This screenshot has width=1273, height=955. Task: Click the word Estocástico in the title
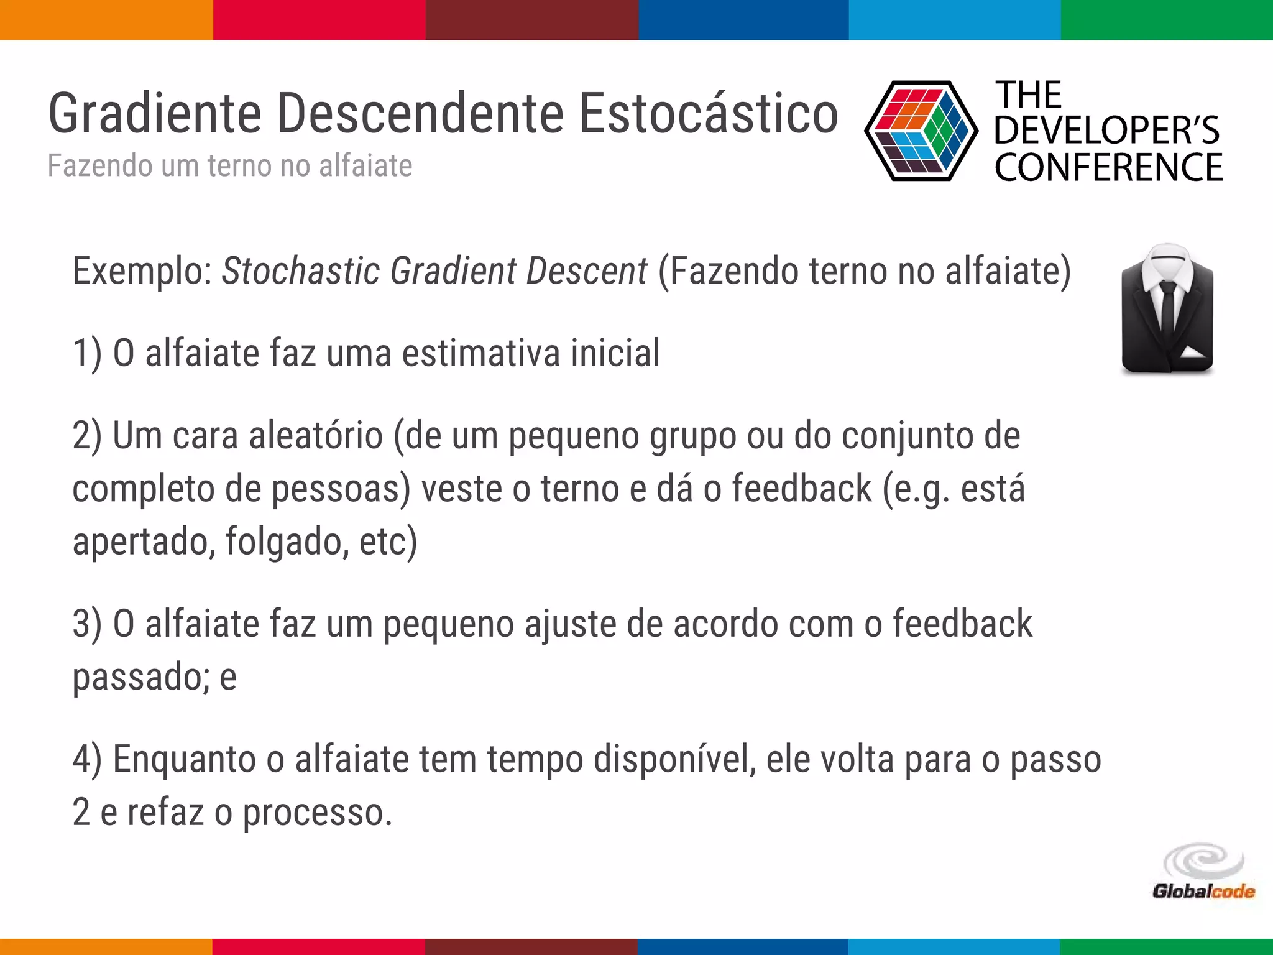coord(709,113)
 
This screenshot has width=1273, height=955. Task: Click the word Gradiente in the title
coord(155,114)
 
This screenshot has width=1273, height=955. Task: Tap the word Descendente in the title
coord(420,113)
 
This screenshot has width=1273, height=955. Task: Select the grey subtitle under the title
coord(230,166)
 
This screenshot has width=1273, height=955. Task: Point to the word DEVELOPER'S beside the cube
coord(1106,131)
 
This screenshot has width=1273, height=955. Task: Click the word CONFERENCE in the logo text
coord(1108,167)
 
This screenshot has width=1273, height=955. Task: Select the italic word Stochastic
coord(301,271)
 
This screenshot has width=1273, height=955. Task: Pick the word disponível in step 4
coord(674,760)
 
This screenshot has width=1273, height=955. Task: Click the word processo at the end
coord(317,813)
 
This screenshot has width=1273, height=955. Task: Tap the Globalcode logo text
coord(1203,892)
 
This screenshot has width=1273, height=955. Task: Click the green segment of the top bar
coord(1167,20)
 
